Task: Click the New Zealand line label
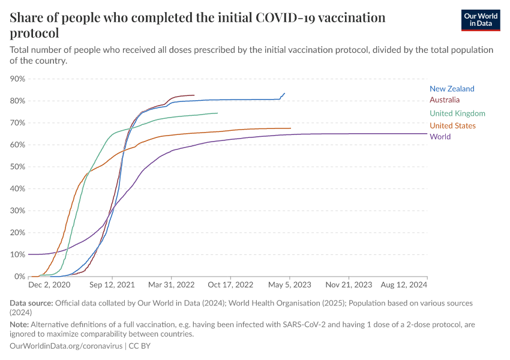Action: click(x=452, y=89)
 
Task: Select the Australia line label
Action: click(x=445, y=100)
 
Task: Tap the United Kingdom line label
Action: click(x=457, y=113)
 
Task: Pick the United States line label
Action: click(x=453, y=125)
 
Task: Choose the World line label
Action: click(x=440, y=137)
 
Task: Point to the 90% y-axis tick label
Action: click(x=17, y=79)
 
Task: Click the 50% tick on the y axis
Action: click(x=17, y=167)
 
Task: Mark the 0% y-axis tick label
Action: click(x=19, y=277)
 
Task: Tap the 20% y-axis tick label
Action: click(x=17, y=233)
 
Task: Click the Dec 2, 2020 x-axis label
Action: click(x=50, y=286)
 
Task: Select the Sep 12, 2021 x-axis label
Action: click(x=112, y=286)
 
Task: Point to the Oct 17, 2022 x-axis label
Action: click(x=230, y=286)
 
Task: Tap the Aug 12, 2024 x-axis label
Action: click(x=404, y=286)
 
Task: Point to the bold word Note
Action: click(x=20, y=325)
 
